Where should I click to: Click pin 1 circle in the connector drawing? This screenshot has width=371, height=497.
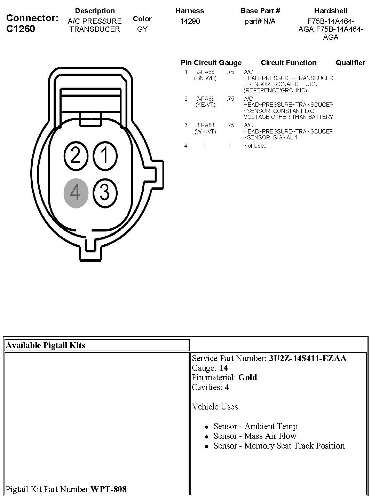[105, 155]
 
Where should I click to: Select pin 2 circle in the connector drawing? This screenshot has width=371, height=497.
[76, 155]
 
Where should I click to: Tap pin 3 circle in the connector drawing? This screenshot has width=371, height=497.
[105, 192]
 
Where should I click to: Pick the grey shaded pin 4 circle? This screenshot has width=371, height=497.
[76, 192]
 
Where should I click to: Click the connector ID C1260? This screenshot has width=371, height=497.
[21, 29]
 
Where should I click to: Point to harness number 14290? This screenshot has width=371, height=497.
[190, 21]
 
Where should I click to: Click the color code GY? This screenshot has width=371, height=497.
[142, 29]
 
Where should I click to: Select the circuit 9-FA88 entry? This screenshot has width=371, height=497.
[205, 72]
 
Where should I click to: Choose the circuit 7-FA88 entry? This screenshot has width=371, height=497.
[205, 99]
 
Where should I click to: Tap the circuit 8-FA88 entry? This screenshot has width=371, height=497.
[205, 125]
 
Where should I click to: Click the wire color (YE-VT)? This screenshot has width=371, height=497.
[205, 105]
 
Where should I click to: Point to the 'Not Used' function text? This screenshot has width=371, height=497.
[255, 146]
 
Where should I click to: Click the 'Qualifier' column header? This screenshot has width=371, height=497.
[350, 63]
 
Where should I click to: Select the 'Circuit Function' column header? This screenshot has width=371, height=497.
[289, 63]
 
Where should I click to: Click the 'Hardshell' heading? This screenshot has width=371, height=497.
[331, 11]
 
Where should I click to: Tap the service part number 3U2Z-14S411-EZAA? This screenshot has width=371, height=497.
[308, 358]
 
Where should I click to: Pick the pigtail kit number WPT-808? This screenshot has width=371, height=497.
[109, 489]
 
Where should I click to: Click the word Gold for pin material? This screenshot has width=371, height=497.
[247, 377]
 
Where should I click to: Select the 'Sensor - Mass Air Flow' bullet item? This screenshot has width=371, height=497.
[255, 436]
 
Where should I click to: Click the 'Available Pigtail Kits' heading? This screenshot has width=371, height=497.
[46, 345]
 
